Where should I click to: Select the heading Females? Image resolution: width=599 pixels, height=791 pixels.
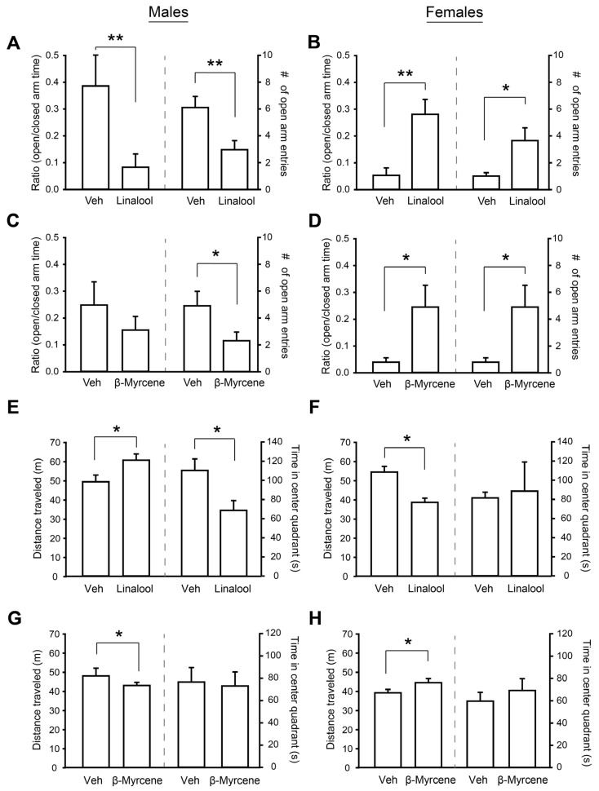point(458,14)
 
